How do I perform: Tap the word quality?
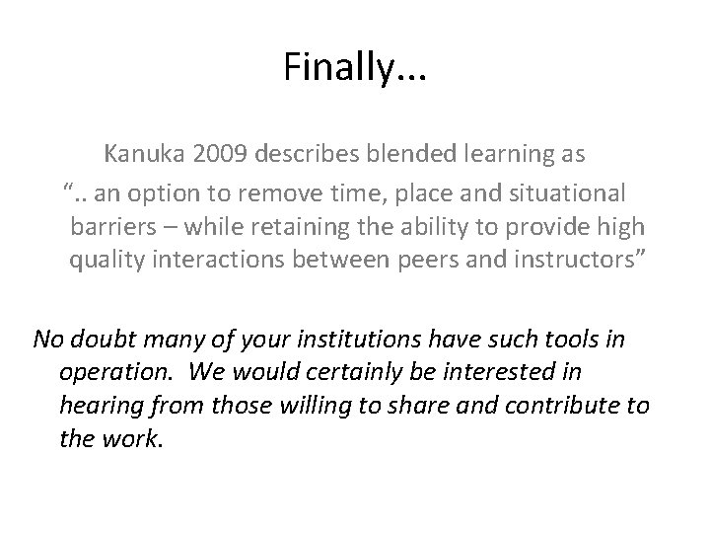[x=103, y=263]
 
